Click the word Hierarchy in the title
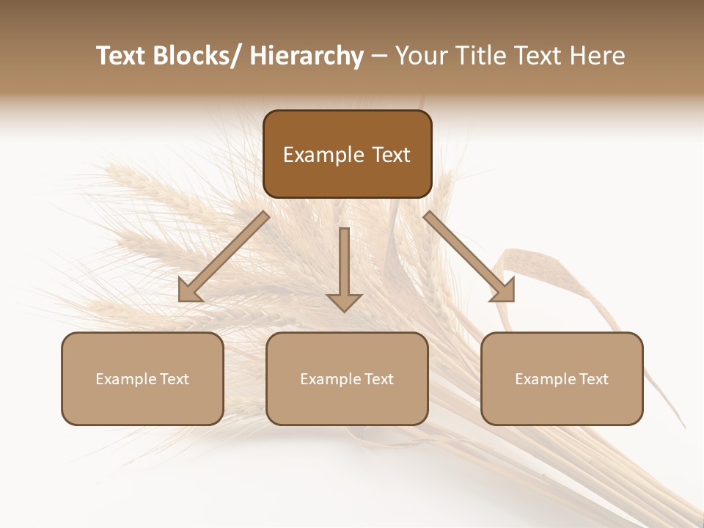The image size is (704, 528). [x=307, y=56]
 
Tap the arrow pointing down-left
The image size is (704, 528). [x=224, y=257]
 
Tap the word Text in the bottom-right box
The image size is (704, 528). [x=593, y=379]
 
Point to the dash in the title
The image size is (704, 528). [x=379, y=56]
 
